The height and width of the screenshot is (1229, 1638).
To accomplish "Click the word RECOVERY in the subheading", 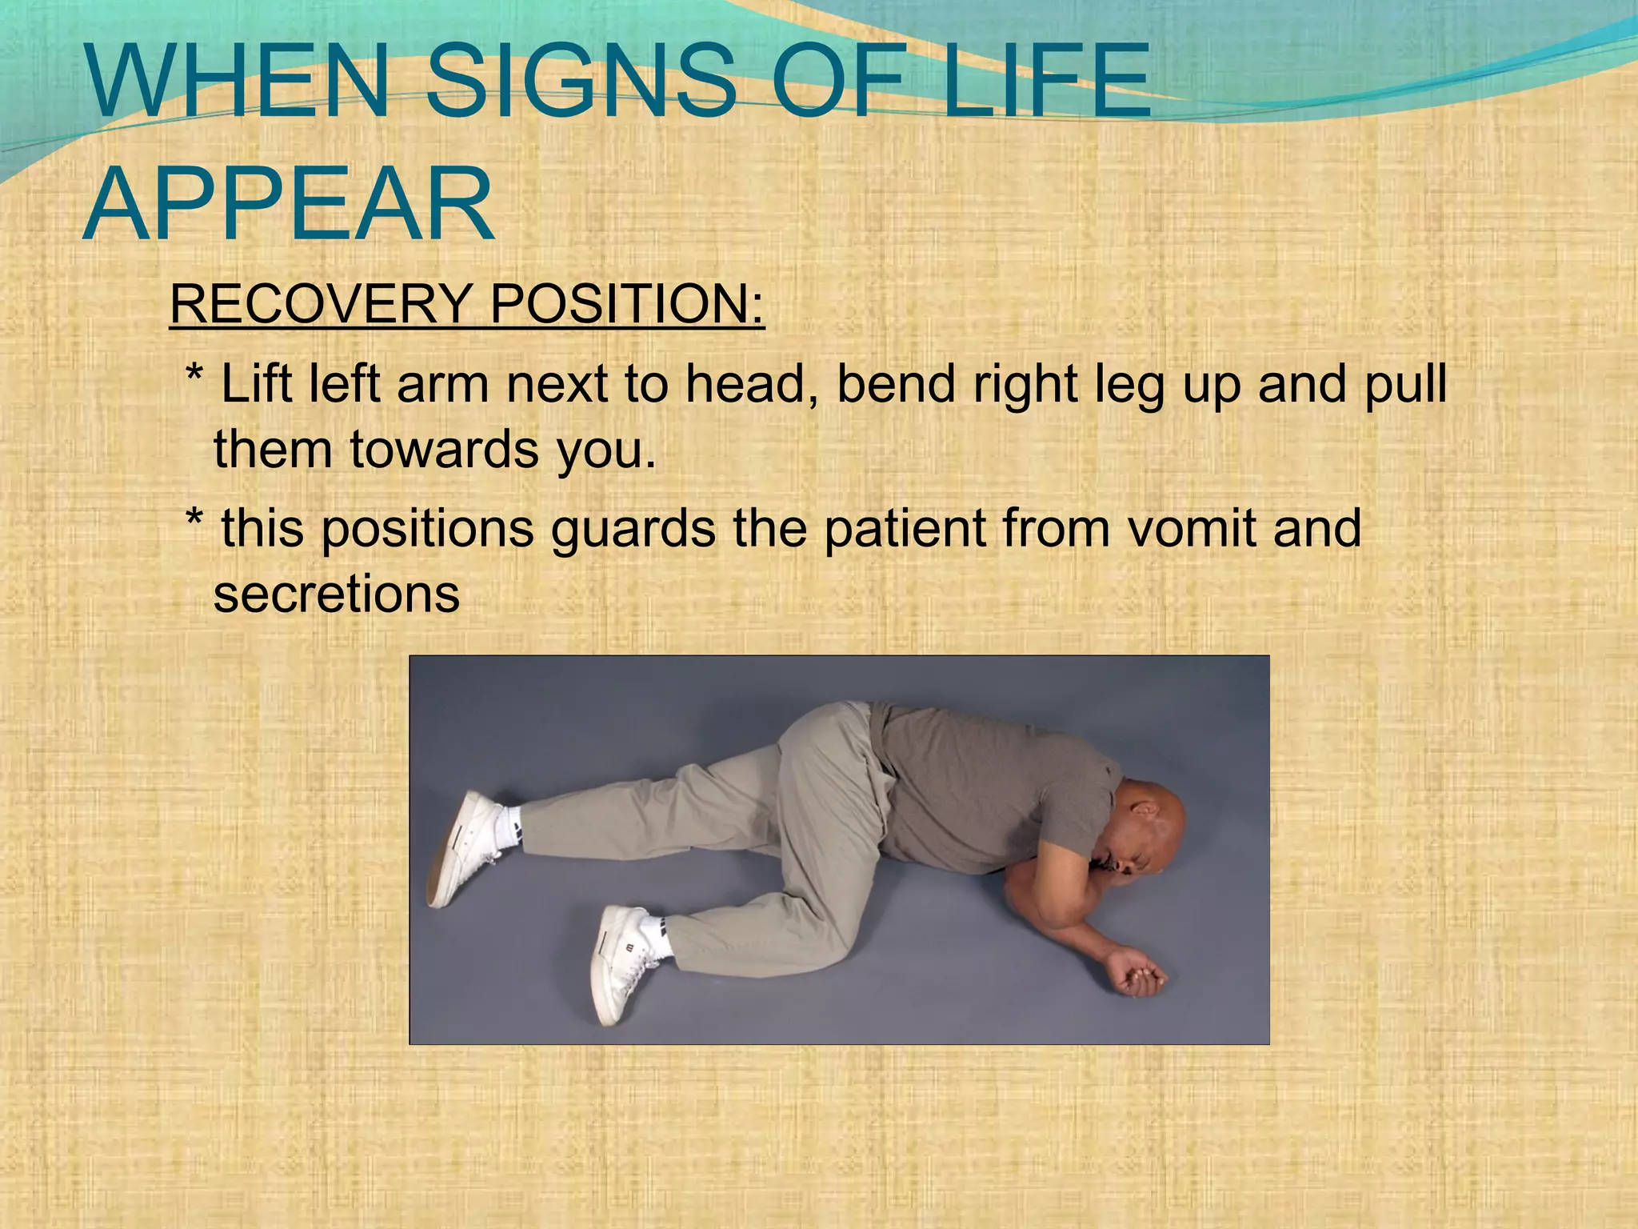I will [x=321, y=304].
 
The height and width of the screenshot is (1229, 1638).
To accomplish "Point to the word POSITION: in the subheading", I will [x=627, y=304].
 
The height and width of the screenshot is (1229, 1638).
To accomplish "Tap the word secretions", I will [x=336, y=594].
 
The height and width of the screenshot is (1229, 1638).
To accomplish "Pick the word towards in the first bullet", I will [x=445, y=449].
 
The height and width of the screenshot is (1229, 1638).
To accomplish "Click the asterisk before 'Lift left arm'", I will [x=194, y=376].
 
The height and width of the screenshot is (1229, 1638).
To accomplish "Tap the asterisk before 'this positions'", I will [x=194, y=521].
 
